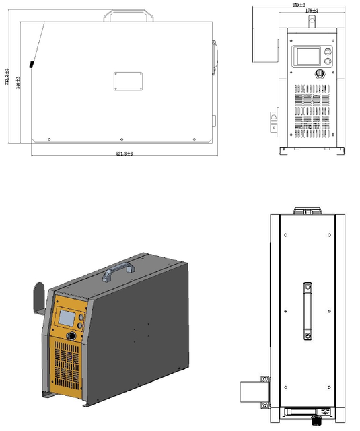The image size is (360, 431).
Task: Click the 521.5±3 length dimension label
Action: [124, 154]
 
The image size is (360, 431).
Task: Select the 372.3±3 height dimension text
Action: [7, 78]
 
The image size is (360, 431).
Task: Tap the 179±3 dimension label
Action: [312, 11]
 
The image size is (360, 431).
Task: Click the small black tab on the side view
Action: [32, 65]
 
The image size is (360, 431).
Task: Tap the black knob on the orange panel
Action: [70, 336]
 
